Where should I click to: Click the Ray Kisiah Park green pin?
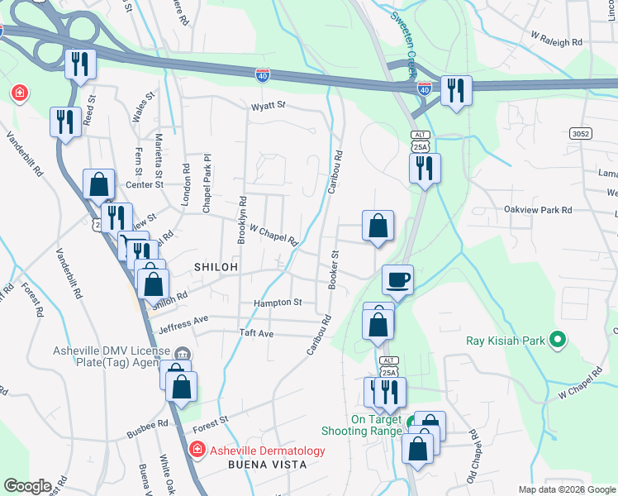pyautogui.click(x=557, y=339)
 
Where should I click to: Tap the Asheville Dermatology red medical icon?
pyautogui.click(x=197, y=451)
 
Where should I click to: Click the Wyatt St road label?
pyautogui.click(x=269, y=106)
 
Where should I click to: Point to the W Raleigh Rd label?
pyautogui.click(x=556, y=40)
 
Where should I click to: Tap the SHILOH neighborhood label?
pyautogui.click(x=216, y=267)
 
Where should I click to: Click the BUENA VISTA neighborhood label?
pyautogui.click(x=268, y=465)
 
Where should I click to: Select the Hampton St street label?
pyautogui.click(x=278, y=303)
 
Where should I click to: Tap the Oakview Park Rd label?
pyautogui.click(x=539, y=211)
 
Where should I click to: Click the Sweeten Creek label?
pyautogui.click(x=405, y=42)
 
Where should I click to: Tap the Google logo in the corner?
pyautogui.click(x=27, y=485)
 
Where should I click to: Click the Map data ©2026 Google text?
pyautogui.click(x=565, y=489)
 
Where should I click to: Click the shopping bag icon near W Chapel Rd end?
pyautogui.click(x=378, y=225)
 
